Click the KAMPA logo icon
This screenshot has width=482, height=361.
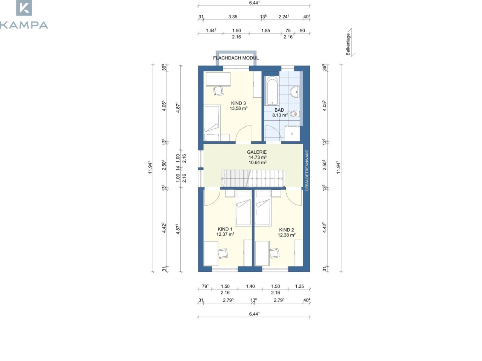(24, 8)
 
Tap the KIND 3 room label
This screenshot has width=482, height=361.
(238, 103)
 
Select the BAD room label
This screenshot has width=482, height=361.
(279, 110)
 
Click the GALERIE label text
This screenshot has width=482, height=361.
(257, 152)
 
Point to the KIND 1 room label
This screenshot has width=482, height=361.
(225, 229)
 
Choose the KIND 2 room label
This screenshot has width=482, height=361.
(286, 230)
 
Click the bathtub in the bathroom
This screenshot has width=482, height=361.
(272, 91)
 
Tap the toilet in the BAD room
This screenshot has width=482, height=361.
(294, 114)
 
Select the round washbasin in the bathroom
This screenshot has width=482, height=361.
(294, 92)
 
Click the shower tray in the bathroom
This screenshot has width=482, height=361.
(292, 133)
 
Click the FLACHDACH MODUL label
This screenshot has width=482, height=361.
(236, 58)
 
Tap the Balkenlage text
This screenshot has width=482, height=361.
(348, 44)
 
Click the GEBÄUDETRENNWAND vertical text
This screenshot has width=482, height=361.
(307, 170)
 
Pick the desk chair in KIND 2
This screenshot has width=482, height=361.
(275, 253)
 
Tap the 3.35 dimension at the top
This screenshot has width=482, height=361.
(233, 17)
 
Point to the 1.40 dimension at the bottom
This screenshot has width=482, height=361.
(250, 286)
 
